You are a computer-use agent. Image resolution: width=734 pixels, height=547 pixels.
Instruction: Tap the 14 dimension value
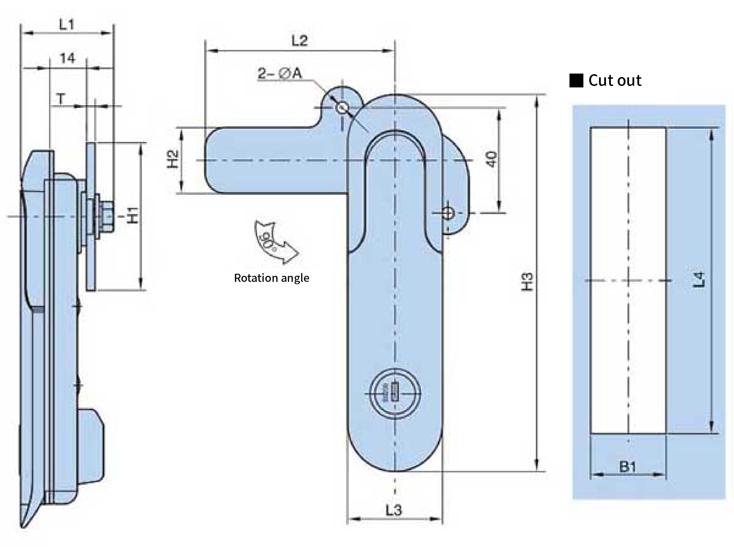[67, 59]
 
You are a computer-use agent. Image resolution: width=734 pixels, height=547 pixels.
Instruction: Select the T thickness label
[61, 99]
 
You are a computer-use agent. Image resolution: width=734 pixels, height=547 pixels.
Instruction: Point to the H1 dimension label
[133, 215]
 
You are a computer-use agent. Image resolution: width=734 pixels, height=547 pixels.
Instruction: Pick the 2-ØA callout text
[280, 74]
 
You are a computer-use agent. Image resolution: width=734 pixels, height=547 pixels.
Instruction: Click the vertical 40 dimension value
[492, 159]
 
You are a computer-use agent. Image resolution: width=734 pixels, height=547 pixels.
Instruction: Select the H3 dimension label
[527, 282]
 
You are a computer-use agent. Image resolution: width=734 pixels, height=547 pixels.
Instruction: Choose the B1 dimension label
[628, 467]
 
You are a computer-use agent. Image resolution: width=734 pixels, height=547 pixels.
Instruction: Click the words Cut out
[615, 80]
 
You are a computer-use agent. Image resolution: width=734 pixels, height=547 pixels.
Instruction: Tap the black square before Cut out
[576, 81]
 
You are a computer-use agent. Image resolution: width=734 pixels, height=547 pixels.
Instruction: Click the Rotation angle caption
[271, 278]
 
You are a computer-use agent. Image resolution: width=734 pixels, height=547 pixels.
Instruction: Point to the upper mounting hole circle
[341, 107]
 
